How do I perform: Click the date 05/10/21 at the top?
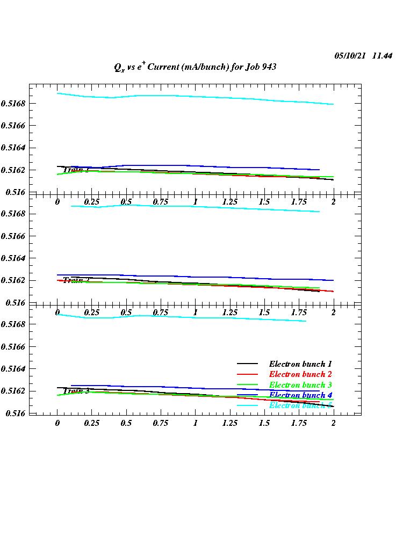tap(350, 56)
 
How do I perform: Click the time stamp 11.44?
tap(382, 56)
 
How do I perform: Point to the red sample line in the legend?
tap(248, 375)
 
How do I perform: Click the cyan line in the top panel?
tap(215, 97)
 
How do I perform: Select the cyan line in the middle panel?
tap(215, 207)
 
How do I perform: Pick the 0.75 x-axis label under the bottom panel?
tap(161, 423)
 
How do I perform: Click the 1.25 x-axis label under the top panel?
tap(230, 202)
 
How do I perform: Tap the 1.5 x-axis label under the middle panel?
tap(264, 313)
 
